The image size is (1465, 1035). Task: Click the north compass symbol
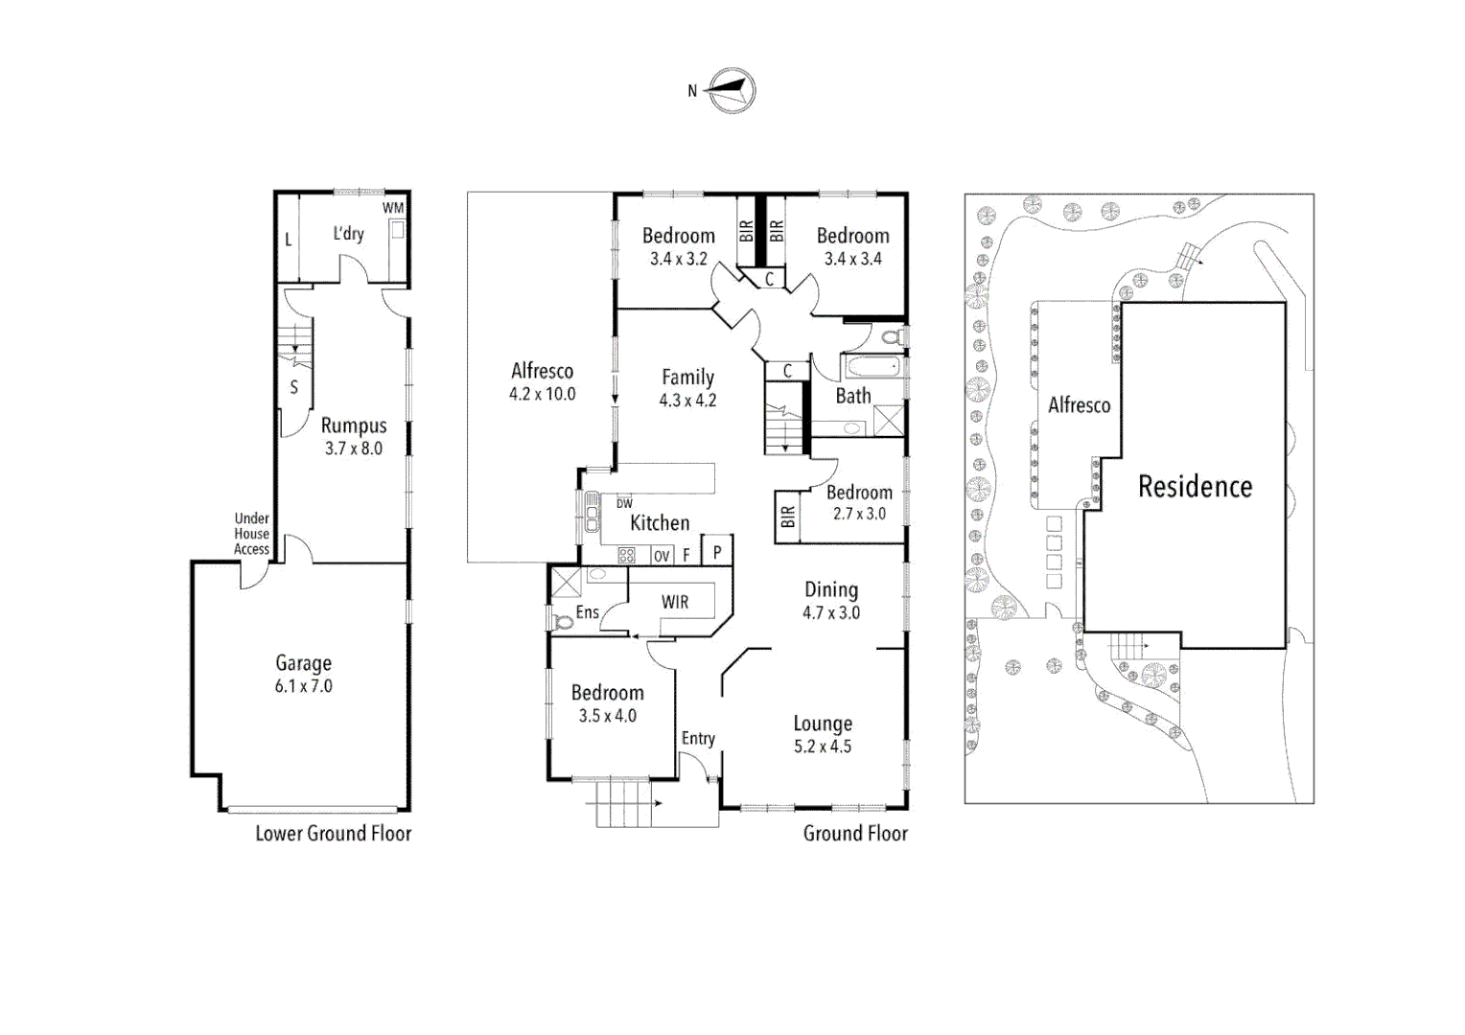(x=732, y=91)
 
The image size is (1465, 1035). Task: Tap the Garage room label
(x=303, y=663)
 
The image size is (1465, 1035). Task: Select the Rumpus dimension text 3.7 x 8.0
(x=353, y=448)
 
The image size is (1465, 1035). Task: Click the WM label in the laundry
(x=393, y=208)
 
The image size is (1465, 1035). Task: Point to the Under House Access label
(x=251, y=534)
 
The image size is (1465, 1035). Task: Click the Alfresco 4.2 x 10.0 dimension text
(x=542, y=394)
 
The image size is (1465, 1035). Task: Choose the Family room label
(x=687, y=378)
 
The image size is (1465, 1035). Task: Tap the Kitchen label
(x=660, y=523)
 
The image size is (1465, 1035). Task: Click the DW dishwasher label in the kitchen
(x=624, y=503)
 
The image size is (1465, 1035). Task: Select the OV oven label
(x=662, y=556)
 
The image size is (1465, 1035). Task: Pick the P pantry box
(x=717, y=552)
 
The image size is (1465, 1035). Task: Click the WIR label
(x=675, y=602)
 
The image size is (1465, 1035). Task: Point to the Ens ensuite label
(x=587, y=612)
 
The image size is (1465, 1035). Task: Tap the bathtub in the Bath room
(x=872, y=367)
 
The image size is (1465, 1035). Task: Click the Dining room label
(x=831, y=590)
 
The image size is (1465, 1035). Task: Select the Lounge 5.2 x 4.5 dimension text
(x=823, y=747)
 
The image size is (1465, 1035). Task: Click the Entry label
(x=698, y=738)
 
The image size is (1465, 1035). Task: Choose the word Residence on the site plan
(x=1195, y=487)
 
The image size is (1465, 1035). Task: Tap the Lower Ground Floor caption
(x=333, y=834)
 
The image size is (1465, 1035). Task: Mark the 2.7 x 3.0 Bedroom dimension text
(x=859, y=514)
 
